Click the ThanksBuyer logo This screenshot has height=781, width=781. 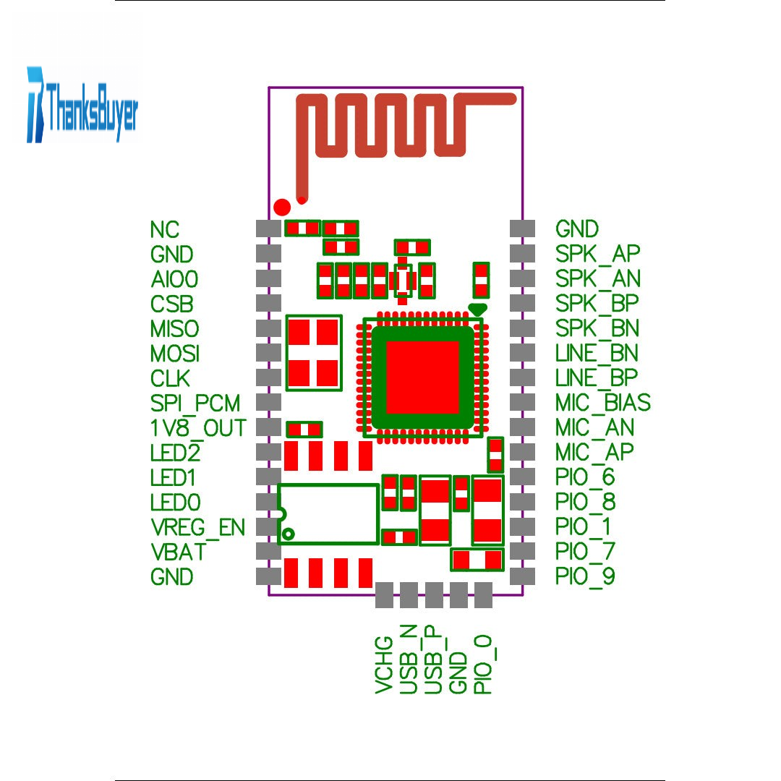(82, 106)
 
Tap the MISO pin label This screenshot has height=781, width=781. (174, 328)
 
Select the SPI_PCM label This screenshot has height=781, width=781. (195, 403)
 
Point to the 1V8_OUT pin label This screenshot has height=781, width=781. (198, 427)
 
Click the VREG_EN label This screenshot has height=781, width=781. (197, 526)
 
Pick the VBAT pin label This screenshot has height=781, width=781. (178, 552)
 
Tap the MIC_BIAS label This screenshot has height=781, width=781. (602, 403)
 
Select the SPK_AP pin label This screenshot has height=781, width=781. (597, 254)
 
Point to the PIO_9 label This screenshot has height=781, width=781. (585, 577)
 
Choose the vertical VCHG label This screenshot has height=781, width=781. (385, 665)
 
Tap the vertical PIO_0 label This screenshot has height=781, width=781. (482, 664)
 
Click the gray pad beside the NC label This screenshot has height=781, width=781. (268, 229)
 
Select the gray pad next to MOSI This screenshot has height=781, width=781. (268, 353)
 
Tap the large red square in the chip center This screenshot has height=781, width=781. (423, 376)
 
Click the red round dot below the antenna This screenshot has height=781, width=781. (283, 207)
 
